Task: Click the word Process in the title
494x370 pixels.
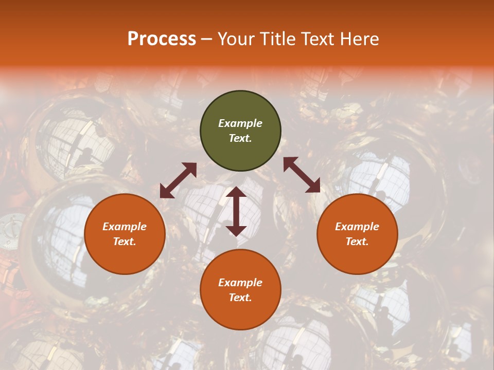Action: (162, 39)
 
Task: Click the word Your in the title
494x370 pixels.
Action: (236, 39)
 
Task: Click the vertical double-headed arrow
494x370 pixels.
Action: (236, 211)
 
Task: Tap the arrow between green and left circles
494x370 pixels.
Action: (178, 180)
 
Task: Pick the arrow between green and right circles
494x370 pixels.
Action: (302, 175)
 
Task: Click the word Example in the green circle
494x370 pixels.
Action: (240, 123)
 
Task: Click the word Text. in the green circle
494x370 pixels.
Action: (240, 138)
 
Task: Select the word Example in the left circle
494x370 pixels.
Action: (125, 227)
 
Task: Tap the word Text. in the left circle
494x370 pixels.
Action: (125, 242)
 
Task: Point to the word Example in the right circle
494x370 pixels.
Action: (357, 227)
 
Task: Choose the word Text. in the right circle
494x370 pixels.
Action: (357, 242)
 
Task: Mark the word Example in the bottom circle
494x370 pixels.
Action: (240, 283)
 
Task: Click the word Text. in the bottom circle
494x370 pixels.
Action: (240, 298)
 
